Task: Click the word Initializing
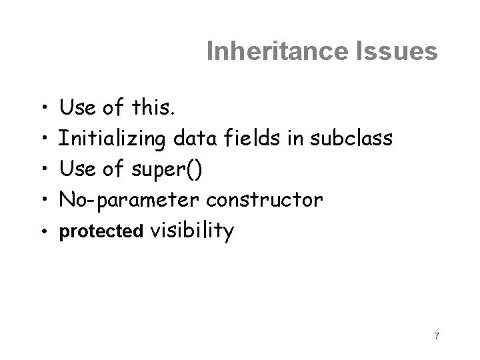tap(114, 139)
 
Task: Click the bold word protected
tap(101, 231)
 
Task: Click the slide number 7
tap(436, 335)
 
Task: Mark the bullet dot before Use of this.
tap(43, 107)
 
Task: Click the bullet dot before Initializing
tap(43, 139)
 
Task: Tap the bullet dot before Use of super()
tap(43, 169)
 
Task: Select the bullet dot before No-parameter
tap(43, 200)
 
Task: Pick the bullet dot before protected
tap(43, 231)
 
